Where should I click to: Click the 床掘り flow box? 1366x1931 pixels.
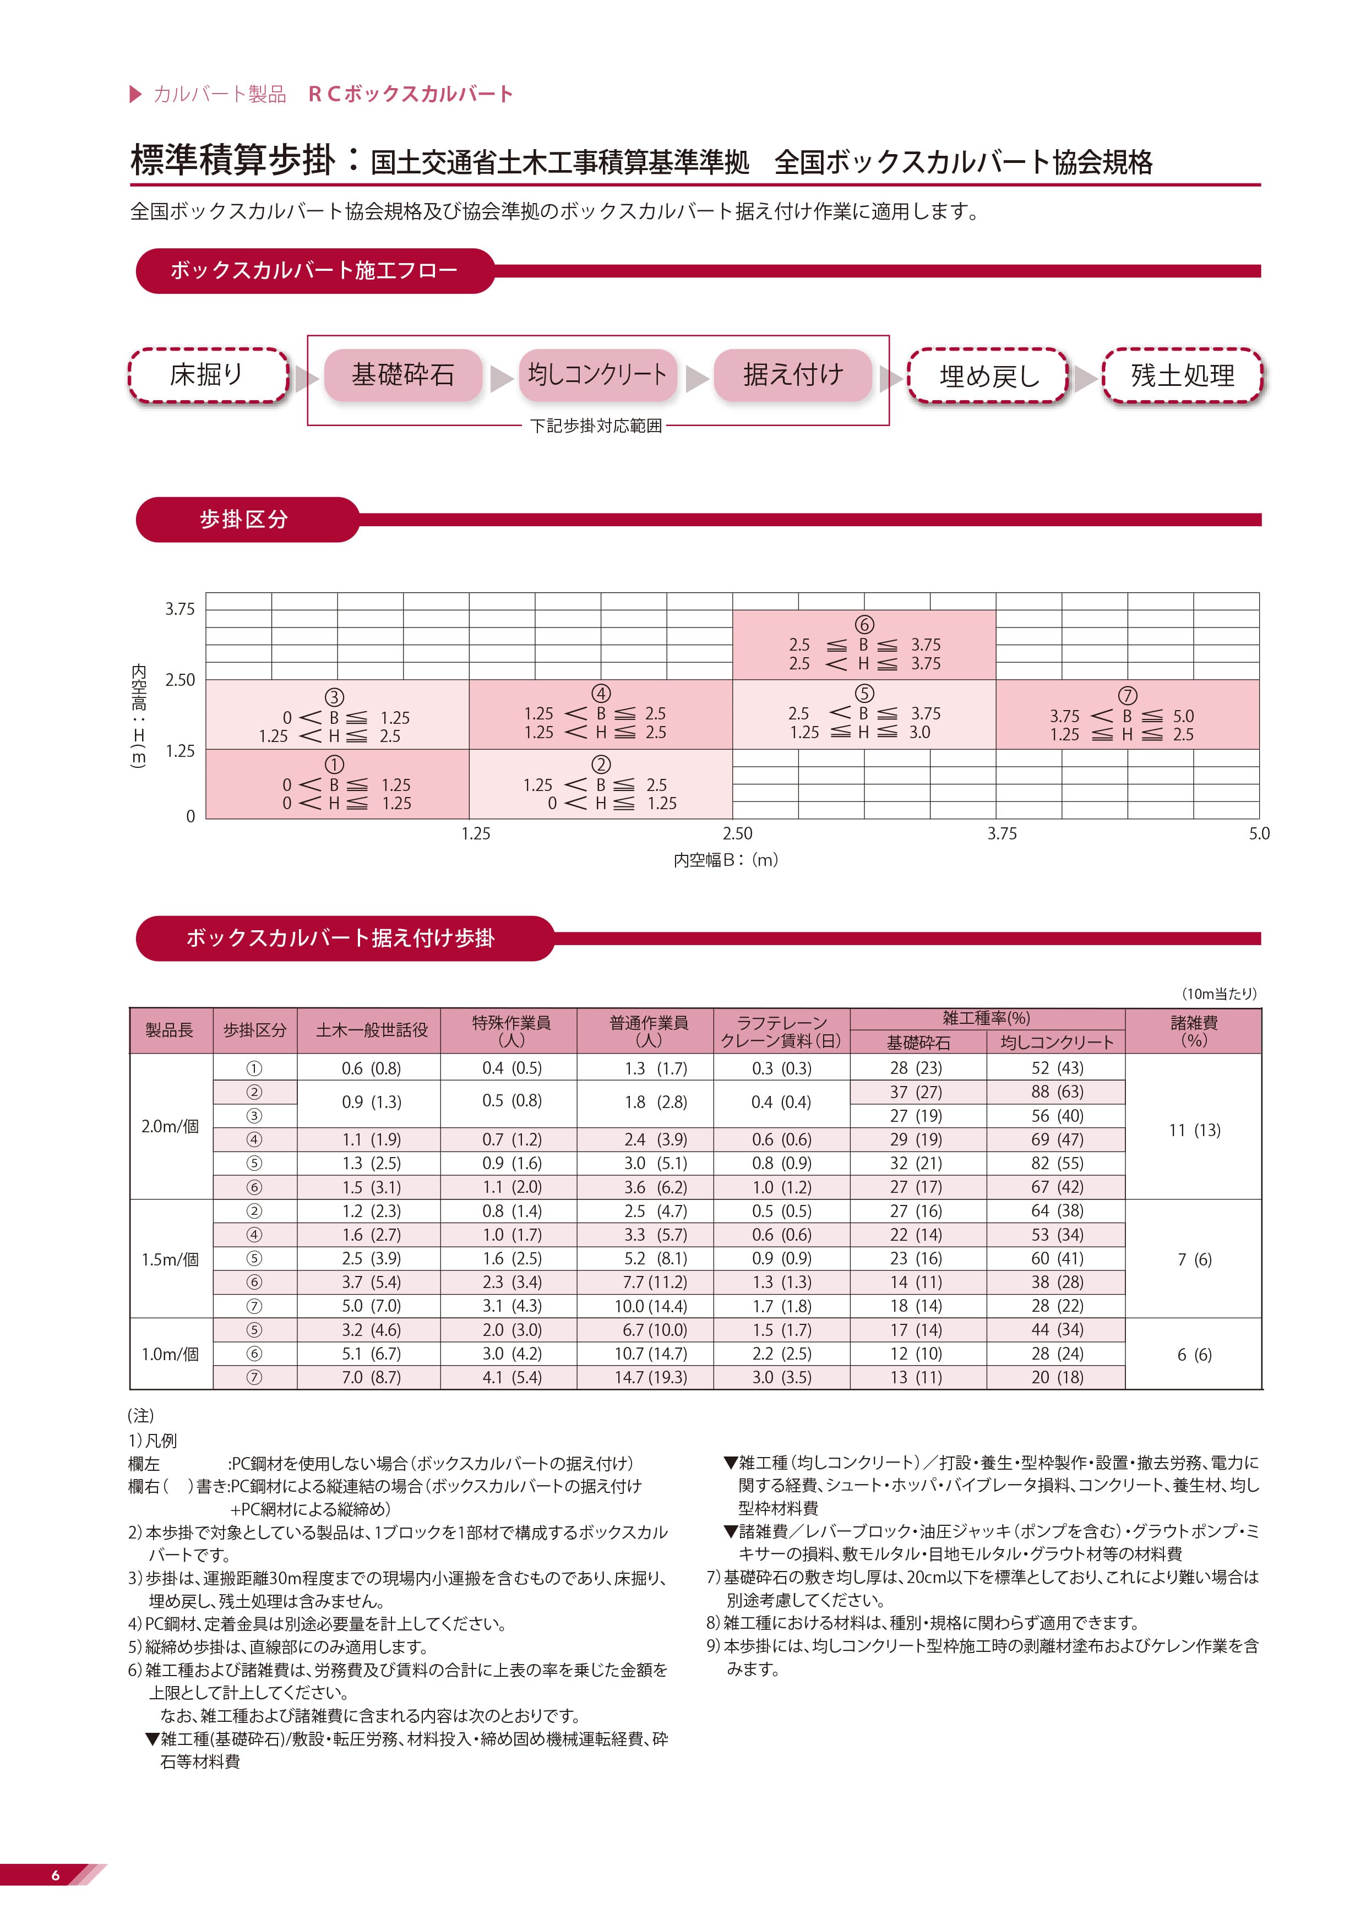tap(208, 375)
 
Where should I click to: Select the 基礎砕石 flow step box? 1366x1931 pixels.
tap(403, 375)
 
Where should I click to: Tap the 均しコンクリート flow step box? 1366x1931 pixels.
tap(597, 375)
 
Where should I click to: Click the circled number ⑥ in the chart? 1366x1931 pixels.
tap(864, 624)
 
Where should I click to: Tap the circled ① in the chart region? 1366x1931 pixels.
tap(334, 765)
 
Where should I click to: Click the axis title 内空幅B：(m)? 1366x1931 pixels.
tap(725, 859)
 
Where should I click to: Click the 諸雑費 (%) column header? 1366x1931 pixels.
tap(1194, 1030)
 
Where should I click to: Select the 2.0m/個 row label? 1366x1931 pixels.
tap(170, 1126)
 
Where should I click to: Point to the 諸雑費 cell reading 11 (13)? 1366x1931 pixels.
tap(1194, 1130)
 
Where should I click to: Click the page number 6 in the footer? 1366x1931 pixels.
tap(56, 1875)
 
